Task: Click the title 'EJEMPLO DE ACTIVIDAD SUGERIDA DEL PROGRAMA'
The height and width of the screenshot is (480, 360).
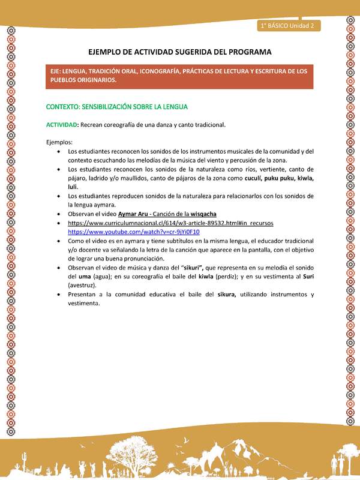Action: pyautogui.click(x=179, y=52)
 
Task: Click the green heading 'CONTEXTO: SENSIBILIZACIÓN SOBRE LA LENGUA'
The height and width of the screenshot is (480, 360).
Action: pyautogui.click(x=117, y=107)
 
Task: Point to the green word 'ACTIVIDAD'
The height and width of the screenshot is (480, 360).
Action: pyautogui.click(x=61, y=125)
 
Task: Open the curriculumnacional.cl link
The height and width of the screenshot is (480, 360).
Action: pyautogui.click(x=170, y=223)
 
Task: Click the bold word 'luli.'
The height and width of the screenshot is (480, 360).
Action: pyautogui.click(x=74, y=187)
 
